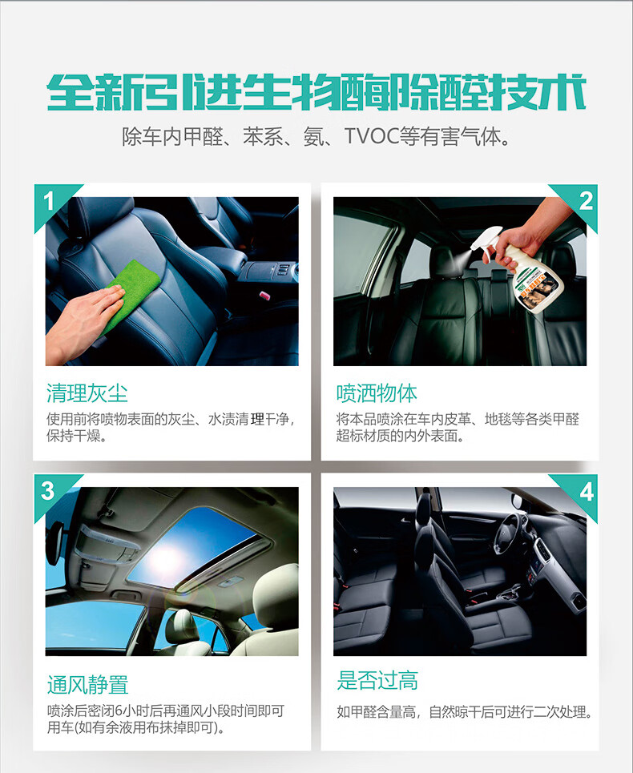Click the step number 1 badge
click(49, 201)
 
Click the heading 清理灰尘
click(87, 393)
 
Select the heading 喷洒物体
click(377, 393)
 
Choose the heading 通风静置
click(87, 684)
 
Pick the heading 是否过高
click(377, 680)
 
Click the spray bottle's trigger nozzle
click(486, 242)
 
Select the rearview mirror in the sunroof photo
click(54, 542)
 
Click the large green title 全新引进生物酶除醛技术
click(316, 91)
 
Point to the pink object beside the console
click(264, 295)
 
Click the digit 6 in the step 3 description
click(119, 711)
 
